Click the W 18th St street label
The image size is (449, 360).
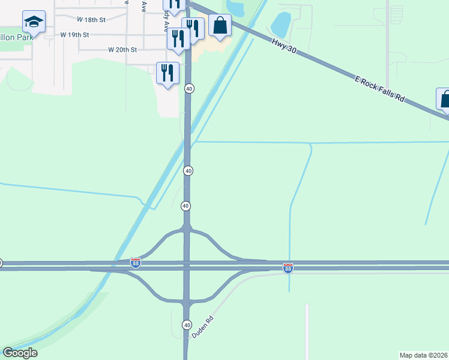91,20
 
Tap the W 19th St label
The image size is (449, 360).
75,35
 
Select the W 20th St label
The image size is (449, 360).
123,50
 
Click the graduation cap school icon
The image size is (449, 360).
34,23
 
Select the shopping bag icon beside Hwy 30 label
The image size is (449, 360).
220,26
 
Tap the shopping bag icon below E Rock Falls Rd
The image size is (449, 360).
445,100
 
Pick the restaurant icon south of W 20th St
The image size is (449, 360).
167,73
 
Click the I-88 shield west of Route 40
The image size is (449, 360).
136,263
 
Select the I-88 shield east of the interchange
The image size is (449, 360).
288,268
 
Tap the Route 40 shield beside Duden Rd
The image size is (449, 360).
187,325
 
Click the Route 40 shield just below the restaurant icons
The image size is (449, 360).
189,89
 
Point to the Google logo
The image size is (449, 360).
20,353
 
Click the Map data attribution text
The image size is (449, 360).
424,355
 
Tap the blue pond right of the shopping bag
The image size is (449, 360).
280,25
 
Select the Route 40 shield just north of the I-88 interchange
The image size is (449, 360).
185,206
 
